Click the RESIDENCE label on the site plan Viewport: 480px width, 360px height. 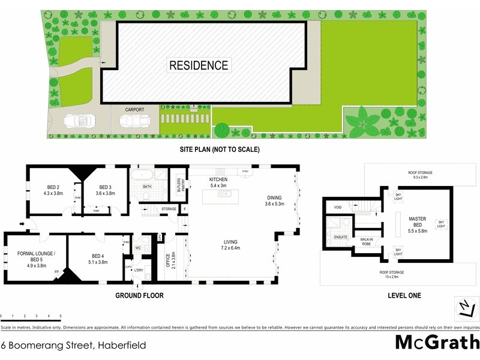[x=199, y=65]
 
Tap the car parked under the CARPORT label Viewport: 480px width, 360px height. [x=134, y=122]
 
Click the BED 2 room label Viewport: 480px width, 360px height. [x=53, y=190]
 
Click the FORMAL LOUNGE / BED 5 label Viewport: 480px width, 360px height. [x=37, y=257]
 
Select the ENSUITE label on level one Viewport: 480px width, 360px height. [x=341, y=238]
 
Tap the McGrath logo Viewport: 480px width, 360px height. [x=437, y=342]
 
